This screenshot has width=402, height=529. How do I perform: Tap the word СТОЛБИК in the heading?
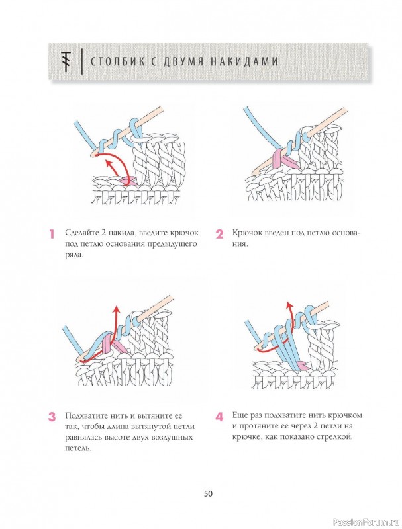pyautogui.click(x=119, y=61)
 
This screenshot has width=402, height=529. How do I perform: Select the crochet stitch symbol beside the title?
pyautogui.click(x=66, y=61)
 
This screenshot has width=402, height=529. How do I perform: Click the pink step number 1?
pyautogui.click(x=52, y=234)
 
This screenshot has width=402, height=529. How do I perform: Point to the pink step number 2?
pyautogui.click(x=220, y=234)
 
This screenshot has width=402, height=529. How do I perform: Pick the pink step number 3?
pyautogui.click(x=52, y=417)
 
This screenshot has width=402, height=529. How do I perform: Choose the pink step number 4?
pyautogui.click(x=220, y=417)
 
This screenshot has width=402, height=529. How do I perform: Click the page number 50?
pyautogui.click(x=208, y=484)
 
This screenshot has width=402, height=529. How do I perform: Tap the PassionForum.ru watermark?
pyautogui.click(x=374, y=524)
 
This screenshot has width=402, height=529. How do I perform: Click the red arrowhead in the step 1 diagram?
pyautogui.click(x=108, y=163)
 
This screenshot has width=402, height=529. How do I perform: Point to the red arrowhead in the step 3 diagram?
pyautogui.click(x=116, y=309)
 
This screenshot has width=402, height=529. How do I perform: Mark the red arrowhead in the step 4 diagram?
pyautogui.click(x=289, y=305)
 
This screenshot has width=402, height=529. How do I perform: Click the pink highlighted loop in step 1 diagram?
pyautogui.click(x=128, y=181)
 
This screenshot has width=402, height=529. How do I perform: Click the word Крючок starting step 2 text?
pyautogui.click(x=246, y=233)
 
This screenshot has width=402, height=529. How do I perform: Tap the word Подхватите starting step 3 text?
pyautogui.click(x=85, y=416)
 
